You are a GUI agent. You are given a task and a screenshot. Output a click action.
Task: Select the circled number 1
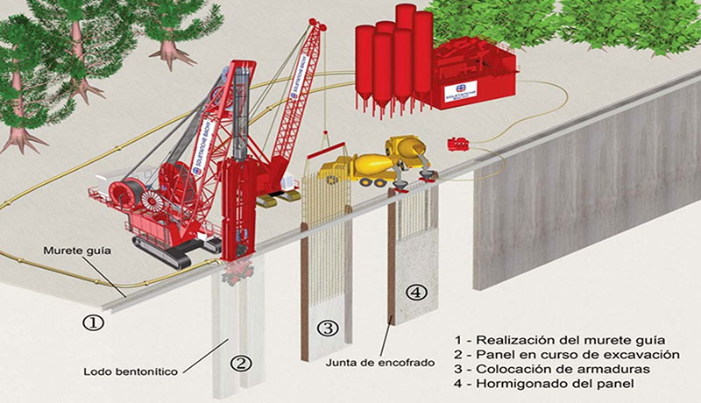pyautogui.click(x=94, y=321)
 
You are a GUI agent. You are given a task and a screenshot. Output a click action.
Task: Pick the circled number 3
pyautogui.click(x=327, y=329)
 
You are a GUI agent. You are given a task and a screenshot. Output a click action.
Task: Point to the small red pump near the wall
pyautogui.click(x=457, y=144)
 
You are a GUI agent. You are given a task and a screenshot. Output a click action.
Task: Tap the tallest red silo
pyautogui.click(x=404, y=53)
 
